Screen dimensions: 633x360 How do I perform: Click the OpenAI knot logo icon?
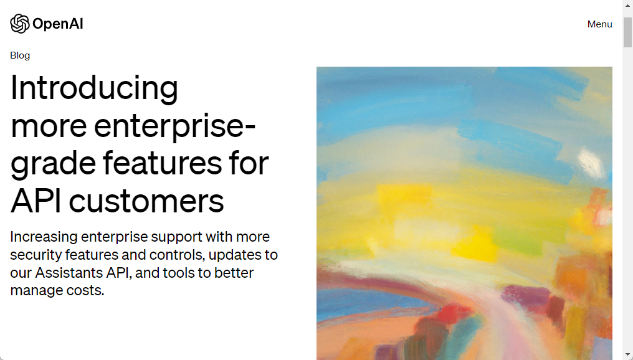pos(20,24)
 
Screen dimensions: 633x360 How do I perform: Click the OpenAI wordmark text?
pos(58,24)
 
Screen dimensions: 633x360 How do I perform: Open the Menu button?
pos(599,24)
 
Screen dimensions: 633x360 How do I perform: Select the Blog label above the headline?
pos(20,55)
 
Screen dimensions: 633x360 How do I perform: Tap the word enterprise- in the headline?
pos(175,126)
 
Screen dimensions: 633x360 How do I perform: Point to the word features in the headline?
pos(162,163)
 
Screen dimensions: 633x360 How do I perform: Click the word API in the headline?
pos(36,201)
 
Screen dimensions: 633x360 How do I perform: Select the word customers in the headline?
pos(146,202)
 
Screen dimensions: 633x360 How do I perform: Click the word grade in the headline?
pos(53,164)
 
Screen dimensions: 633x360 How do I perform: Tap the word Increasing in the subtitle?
pos(44,237)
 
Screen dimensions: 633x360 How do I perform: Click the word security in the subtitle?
pos(36,255)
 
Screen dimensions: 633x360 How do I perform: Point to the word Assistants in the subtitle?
pos(69,273)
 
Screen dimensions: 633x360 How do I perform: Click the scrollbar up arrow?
pos(628,4)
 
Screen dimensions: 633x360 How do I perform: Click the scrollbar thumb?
pos(628,32)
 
